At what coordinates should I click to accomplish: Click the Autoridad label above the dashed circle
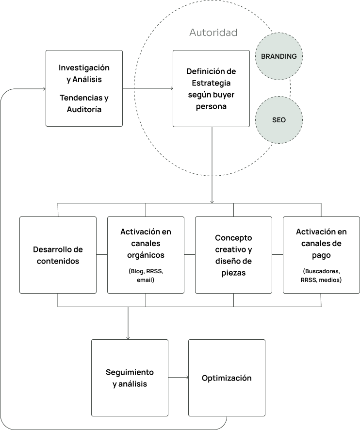[213, 33]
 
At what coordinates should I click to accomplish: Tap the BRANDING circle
[278, 56]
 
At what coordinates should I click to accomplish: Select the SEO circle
[278, 119]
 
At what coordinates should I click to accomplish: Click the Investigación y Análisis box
[84, 88]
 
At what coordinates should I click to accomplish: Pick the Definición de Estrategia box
[211, 88]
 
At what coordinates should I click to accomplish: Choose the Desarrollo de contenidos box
[58, 255]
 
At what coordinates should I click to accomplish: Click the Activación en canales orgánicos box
[146, 255]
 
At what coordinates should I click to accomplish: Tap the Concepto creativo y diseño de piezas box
[233, 255]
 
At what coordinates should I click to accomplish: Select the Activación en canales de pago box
[321, 255]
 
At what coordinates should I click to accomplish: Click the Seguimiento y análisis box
[130, 378]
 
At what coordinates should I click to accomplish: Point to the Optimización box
[227, 378]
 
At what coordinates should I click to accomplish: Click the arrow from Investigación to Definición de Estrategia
[147, 88]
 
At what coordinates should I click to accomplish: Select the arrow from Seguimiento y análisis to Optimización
[178, 377]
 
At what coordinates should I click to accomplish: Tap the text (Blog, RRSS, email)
[146, 275]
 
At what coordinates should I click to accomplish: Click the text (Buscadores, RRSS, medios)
[321, 275]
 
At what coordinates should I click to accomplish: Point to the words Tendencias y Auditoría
[84, 103]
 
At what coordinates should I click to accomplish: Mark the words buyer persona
[211, 101]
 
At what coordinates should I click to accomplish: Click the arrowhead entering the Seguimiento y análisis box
[128, 337]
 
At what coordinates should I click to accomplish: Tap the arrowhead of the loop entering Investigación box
[43, 89]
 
